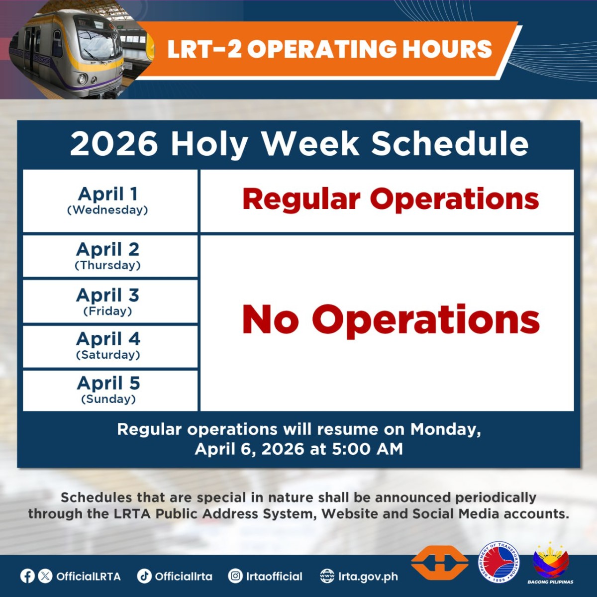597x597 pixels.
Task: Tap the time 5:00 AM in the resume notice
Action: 367,449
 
